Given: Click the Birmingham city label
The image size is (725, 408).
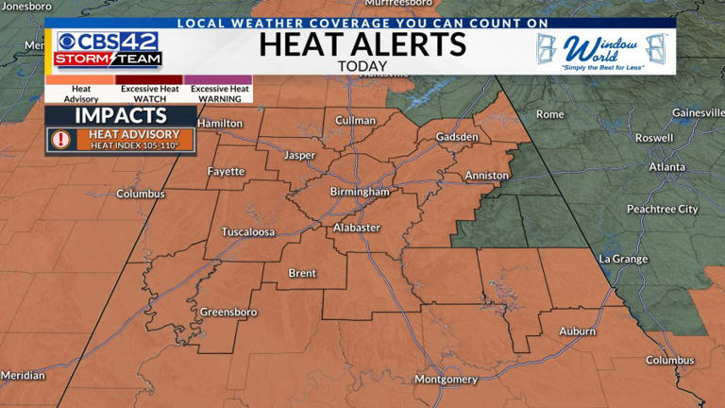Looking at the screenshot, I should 360,192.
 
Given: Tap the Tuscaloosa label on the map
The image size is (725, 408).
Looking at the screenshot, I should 247,231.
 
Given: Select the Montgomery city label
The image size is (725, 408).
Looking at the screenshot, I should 447,380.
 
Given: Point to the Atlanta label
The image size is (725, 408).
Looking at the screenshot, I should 666,167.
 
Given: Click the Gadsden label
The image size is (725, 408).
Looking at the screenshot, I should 457,137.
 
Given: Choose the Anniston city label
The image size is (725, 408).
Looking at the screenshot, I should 486,176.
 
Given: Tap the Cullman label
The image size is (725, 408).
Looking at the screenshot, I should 356,121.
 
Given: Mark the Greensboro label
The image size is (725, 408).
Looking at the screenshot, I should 228,311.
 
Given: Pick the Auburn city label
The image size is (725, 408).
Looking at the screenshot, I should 577,331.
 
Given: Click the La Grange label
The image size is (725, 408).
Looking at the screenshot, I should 623,258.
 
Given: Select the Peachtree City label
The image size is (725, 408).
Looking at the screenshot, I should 662,209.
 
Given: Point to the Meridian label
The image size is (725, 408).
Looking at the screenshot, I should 23,375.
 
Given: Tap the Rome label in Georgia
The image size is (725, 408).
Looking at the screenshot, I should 549,114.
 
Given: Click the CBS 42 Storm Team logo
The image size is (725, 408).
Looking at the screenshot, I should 107,48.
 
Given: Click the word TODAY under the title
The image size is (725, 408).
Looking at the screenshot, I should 362,66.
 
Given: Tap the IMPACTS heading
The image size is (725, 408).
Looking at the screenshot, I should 120,115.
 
